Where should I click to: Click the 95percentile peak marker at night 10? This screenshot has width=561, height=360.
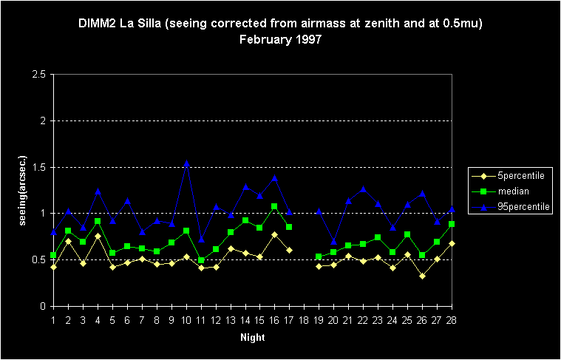[186, 163]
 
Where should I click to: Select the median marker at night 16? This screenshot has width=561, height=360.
[274, 207]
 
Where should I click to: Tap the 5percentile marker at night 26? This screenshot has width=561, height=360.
[421, 276]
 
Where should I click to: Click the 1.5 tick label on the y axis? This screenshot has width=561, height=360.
[38, 167]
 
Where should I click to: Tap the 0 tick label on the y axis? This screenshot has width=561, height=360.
[43, 306]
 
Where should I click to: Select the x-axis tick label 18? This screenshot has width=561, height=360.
[304, 319]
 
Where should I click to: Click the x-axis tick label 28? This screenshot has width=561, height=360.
[451, 319]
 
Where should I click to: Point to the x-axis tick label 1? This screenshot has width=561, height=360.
[53, 319]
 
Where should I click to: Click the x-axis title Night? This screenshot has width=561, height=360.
[252, 337]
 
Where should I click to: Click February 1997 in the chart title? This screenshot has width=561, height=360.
[280, 38]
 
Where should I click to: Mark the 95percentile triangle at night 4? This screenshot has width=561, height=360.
[98, 191]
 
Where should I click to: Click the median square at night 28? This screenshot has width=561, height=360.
[451, 224]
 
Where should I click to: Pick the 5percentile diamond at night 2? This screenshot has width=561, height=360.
[68, 241]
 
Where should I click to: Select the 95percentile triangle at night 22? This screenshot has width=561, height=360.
[363, 189]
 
